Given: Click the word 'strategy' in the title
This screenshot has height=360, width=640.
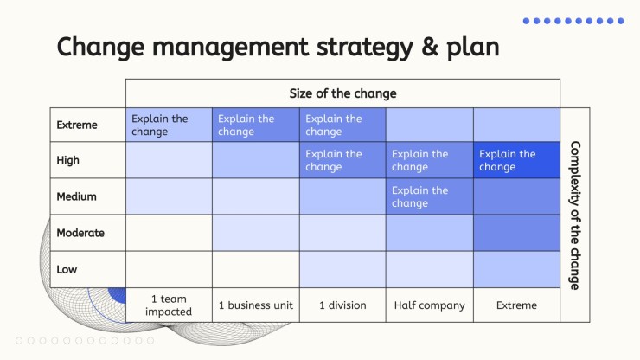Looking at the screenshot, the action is point(364,48).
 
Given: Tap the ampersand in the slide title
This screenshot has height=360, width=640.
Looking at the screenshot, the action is point(429,47).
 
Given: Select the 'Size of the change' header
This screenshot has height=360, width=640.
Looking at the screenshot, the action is point(342,93).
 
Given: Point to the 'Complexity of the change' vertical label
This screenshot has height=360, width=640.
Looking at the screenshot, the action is point(575,215).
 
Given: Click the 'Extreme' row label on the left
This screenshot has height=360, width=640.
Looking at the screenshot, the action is point(77,125).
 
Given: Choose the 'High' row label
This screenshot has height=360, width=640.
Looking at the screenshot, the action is point(67,160).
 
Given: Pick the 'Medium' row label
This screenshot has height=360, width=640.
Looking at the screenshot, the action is point(77,196).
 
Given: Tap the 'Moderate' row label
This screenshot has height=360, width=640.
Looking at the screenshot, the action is point(80,233).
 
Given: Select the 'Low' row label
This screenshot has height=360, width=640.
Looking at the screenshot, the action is point(67,269).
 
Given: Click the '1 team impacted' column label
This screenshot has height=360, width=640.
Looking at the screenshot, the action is point(169,305).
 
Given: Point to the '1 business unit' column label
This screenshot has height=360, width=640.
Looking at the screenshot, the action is point(256,305).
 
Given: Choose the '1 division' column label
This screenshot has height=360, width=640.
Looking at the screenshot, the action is point(342,305).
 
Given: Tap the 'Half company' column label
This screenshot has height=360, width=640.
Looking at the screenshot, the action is point(429,305).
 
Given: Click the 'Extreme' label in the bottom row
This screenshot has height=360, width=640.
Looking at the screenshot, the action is point(516,305).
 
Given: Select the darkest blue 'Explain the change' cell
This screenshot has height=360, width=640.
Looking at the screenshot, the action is point(516,160).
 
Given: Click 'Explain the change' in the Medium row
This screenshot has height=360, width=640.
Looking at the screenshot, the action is point(420,196).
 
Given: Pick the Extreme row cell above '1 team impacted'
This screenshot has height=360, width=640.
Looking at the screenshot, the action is point(169,125).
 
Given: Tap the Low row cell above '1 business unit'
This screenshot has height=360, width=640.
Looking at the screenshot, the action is point(256,269).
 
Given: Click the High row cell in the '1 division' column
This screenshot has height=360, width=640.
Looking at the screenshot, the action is point(342,160).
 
